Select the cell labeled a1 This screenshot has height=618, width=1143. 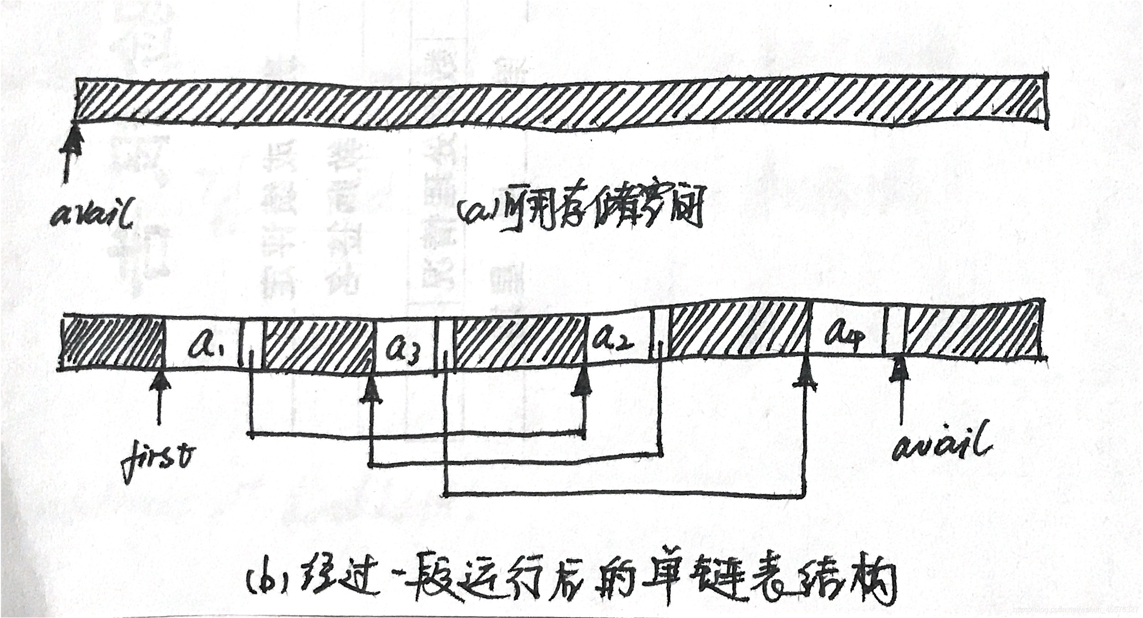(201, 343)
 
